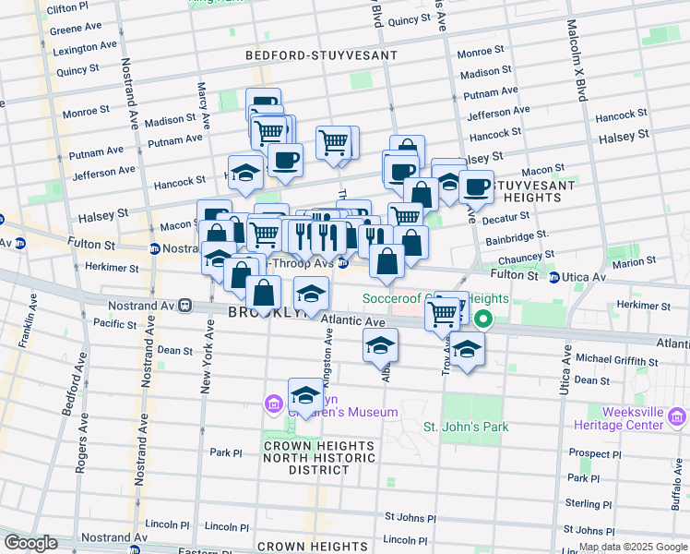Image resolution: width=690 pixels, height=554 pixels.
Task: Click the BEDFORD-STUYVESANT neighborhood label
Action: tap(321, 55)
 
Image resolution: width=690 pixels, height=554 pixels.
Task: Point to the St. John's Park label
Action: tap(466, 427)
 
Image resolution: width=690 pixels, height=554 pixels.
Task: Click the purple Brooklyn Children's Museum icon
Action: tap(273, 403)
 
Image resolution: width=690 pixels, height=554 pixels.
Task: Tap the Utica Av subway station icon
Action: tap(553, 277)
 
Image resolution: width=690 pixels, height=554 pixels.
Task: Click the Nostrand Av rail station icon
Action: tap(185, 304)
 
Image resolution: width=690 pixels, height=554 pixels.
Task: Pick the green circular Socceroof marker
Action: tap(483, 320)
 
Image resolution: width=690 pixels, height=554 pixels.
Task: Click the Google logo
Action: tap(31, 542)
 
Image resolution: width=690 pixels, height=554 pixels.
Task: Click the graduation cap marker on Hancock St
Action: tap(245, 174)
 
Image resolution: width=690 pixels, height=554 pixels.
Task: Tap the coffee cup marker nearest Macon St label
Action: tap(476, 187)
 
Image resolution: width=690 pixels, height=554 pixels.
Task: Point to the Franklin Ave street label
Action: tap(24, 321)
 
